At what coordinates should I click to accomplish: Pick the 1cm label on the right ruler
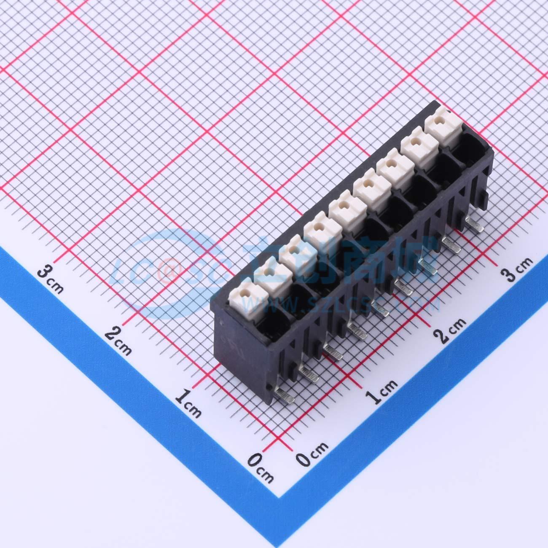[x=381, y=392]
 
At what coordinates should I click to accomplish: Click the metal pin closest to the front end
[x=284, y=396]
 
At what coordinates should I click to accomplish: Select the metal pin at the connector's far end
[x=474, y=223]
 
